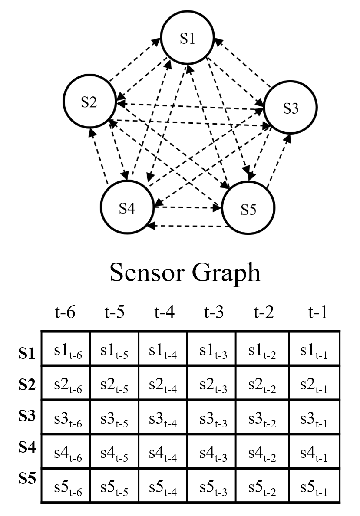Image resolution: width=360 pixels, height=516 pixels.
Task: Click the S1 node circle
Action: point(188,40)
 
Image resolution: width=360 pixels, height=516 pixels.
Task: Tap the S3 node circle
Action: point(291,108)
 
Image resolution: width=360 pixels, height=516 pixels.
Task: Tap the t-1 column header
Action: point(317,313)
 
